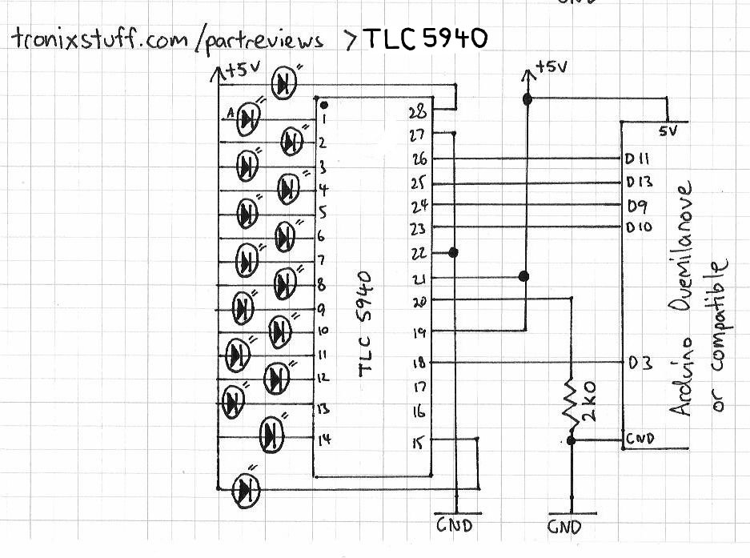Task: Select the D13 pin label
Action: point(640,182)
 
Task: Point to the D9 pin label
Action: point(639,204)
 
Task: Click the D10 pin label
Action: point(640,227)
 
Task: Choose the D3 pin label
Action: point(641,363)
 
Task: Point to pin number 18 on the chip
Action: point(417,362)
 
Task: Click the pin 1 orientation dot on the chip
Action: point(323,106)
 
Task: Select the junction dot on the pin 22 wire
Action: point(454,253)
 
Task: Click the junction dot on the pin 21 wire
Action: point(524,276)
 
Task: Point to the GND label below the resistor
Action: point(564,528)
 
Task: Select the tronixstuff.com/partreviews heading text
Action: point(168,39)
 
